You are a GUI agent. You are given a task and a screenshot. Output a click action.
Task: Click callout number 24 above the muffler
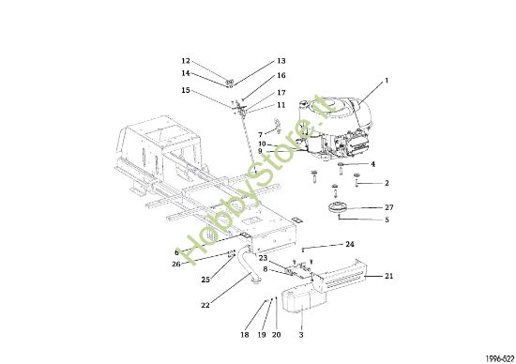(349, 244)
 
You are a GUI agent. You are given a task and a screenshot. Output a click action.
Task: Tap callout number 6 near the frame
(175, 252)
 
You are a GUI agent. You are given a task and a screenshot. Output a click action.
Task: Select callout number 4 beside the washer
(372, 164)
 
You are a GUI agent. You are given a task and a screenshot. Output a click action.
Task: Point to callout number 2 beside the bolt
(386, 183)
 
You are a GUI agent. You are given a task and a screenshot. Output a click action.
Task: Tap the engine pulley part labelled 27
(335, 206)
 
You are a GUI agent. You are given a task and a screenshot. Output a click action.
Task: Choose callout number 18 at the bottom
(244, 335)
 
